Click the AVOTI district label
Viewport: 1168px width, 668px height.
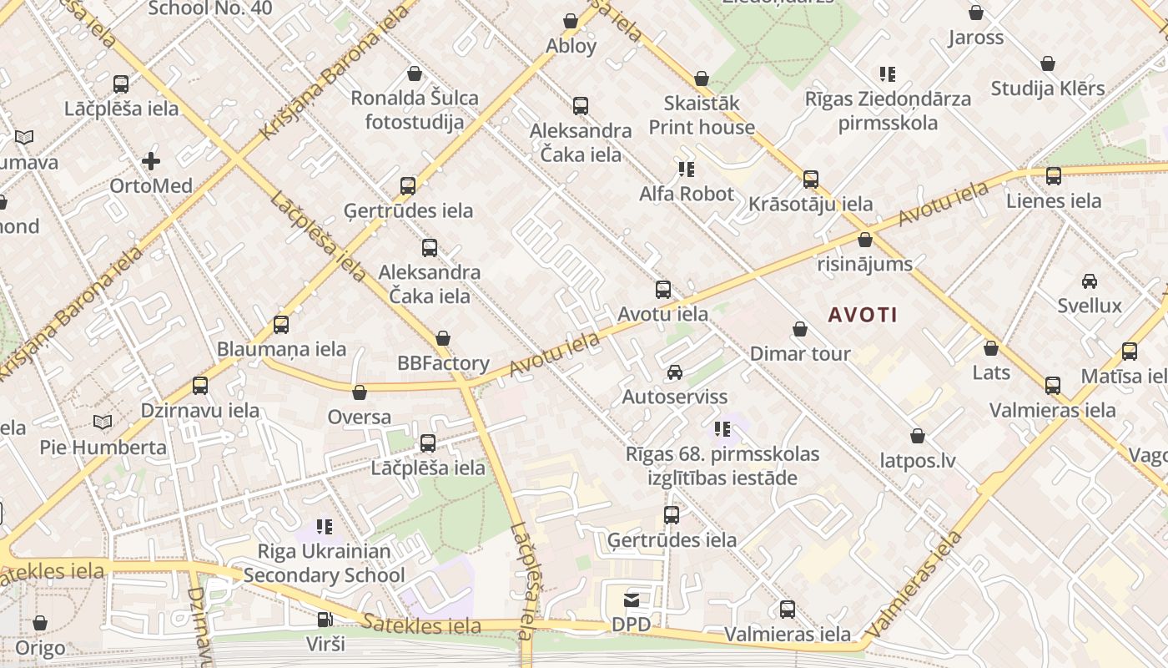[863, 315]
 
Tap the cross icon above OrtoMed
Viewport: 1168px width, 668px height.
[151, 160]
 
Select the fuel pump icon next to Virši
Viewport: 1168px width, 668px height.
[325, 620]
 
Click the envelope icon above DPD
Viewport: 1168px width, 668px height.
[632, 600]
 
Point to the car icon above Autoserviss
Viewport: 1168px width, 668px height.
[674, 372]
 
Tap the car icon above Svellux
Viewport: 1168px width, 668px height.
[1089, 281]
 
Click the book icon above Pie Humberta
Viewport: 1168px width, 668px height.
[102, 423]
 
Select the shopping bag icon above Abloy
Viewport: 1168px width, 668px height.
[571, 21]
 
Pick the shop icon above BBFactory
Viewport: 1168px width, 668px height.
[442, 338]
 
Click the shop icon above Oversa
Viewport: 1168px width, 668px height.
[360, 392]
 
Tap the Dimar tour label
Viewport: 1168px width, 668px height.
[799, 353]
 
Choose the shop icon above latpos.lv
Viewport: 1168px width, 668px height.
[918, 436]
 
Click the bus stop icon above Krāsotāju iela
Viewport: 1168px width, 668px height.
[810, 180]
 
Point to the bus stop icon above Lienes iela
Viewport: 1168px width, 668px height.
[1053, 176]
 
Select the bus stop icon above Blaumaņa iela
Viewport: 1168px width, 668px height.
[281, 325]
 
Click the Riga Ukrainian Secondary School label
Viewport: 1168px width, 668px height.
[324, 564]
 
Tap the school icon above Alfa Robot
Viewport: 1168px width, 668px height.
[687, 170]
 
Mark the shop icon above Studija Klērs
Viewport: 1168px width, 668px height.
[1048, 63]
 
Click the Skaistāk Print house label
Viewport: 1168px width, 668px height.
[702, 115]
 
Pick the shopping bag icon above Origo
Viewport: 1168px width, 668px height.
[39, 623]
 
